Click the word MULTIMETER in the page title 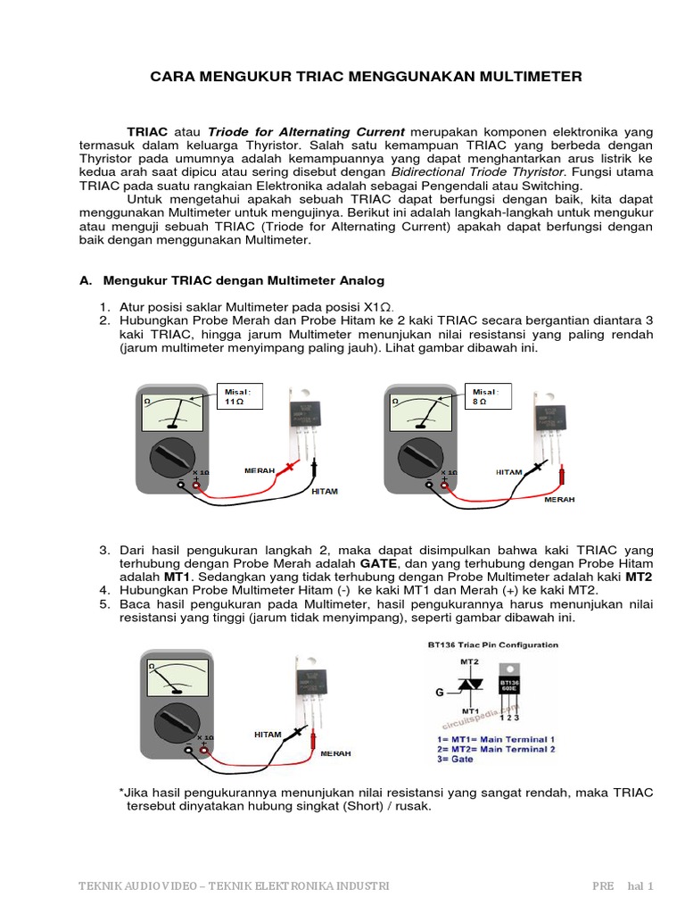(532, 77)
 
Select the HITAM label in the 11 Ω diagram (325, 491)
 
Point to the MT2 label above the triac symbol (469, 661)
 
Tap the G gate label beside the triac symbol (439, 690)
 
